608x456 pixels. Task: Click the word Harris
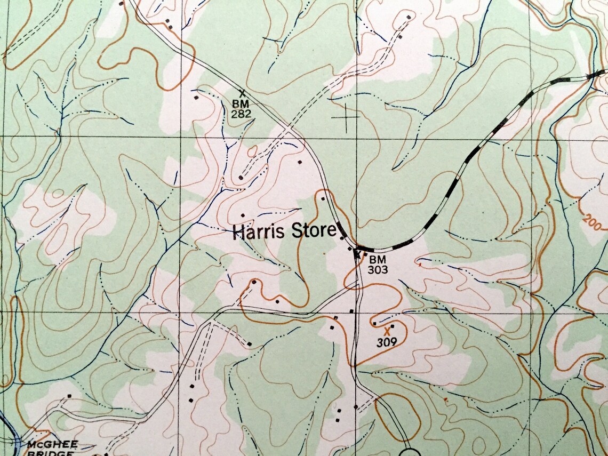pos(259,232)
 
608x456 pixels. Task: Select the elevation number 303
pos(377,269)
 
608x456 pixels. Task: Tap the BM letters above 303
pos(377,259)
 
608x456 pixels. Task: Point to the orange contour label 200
pos(591,220)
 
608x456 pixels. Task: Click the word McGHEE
pos(53,444)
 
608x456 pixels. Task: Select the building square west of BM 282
pos(196,98)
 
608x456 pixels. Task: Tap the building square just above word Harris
pos(243,215)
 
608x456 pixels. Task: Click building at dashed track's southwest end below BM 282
pos(241,178)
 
